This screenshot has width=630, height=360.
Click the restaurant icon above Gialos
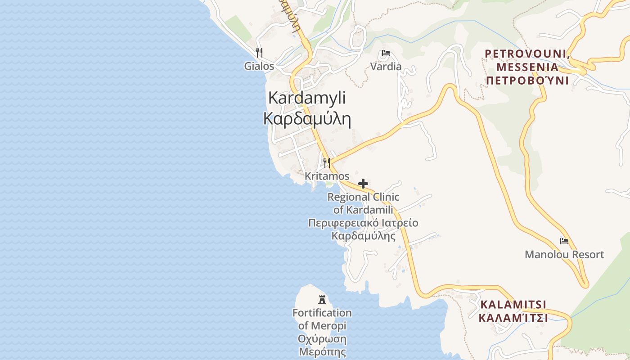click(x=259, y=53)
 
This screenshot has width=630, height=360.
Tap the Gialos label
click(x=259, y=66)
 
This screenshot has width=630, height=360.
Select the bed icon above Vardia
click(x=386, y=54)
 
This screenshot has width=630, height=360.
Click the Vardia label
click(x=386, y=67)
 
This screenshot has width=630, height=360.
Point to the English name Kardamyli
click(x=307, y=98)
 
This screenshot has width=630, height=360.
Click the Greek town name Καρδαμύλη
click(x=307, y=118)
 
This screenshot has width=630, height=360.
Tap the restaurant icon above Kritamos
click(x=327, y=162)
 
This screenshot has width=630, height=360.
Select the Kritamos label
click(x=327, y=176)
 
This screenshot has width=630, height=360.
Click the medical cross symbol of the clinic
click(x=363, y=184)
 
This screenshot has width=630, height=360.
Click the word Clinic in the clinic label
click(x=382, y=197)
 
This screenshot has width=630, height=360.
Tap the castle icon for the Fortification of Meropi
click(x=322, y=299)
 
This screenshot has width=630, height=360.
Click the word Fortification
click(x=322, y=313)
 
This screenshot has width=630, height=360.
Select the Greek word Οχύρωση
click(x=322, y=339)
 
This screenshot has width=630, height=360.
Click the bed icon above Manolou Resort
click(x=564, y=241)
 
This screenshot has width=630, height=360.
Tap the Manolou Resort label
click(x=564, y=255)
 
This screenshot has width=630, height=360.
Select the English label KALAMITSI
click(x=513, y=305)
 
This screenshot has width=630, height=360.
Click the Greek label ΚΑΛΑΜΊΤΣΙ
click(x=513, y=318)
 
